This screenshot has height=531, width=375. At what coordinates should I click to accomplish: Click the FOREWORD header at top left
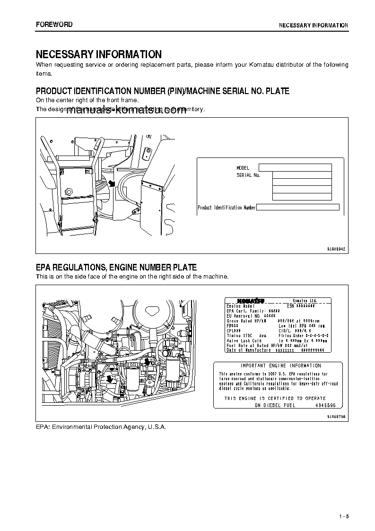54,25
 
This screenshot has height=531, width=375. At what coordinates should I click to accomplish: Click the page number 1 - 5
343,516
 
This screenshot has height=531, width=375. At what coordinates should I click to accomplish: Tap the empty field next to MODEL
296,168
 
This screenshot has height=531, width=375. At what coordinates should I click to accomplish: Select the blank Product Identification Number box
298,208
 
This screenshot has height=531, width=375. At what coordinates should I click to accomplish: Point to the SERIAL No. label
248,175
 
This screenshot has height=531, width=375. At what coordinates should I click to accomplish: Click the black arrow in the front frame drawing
112,183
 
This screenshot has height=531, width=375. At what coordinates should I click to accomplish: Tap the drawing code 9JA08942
337,249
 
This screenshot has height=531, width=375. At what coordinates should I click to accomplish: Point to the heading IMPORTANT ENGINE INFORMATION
274,366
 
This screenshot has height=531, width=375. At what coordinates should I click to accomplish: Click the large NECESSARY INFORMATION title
99,54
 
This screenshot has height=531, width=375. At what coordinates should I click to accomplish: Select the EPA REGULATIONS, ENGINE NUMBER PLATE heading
116,268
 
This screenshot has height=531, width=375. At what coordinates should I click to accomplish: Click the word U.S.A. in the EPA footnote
156,427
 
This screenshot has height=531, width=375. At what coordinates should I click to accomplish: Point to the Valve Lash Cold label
244,340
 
